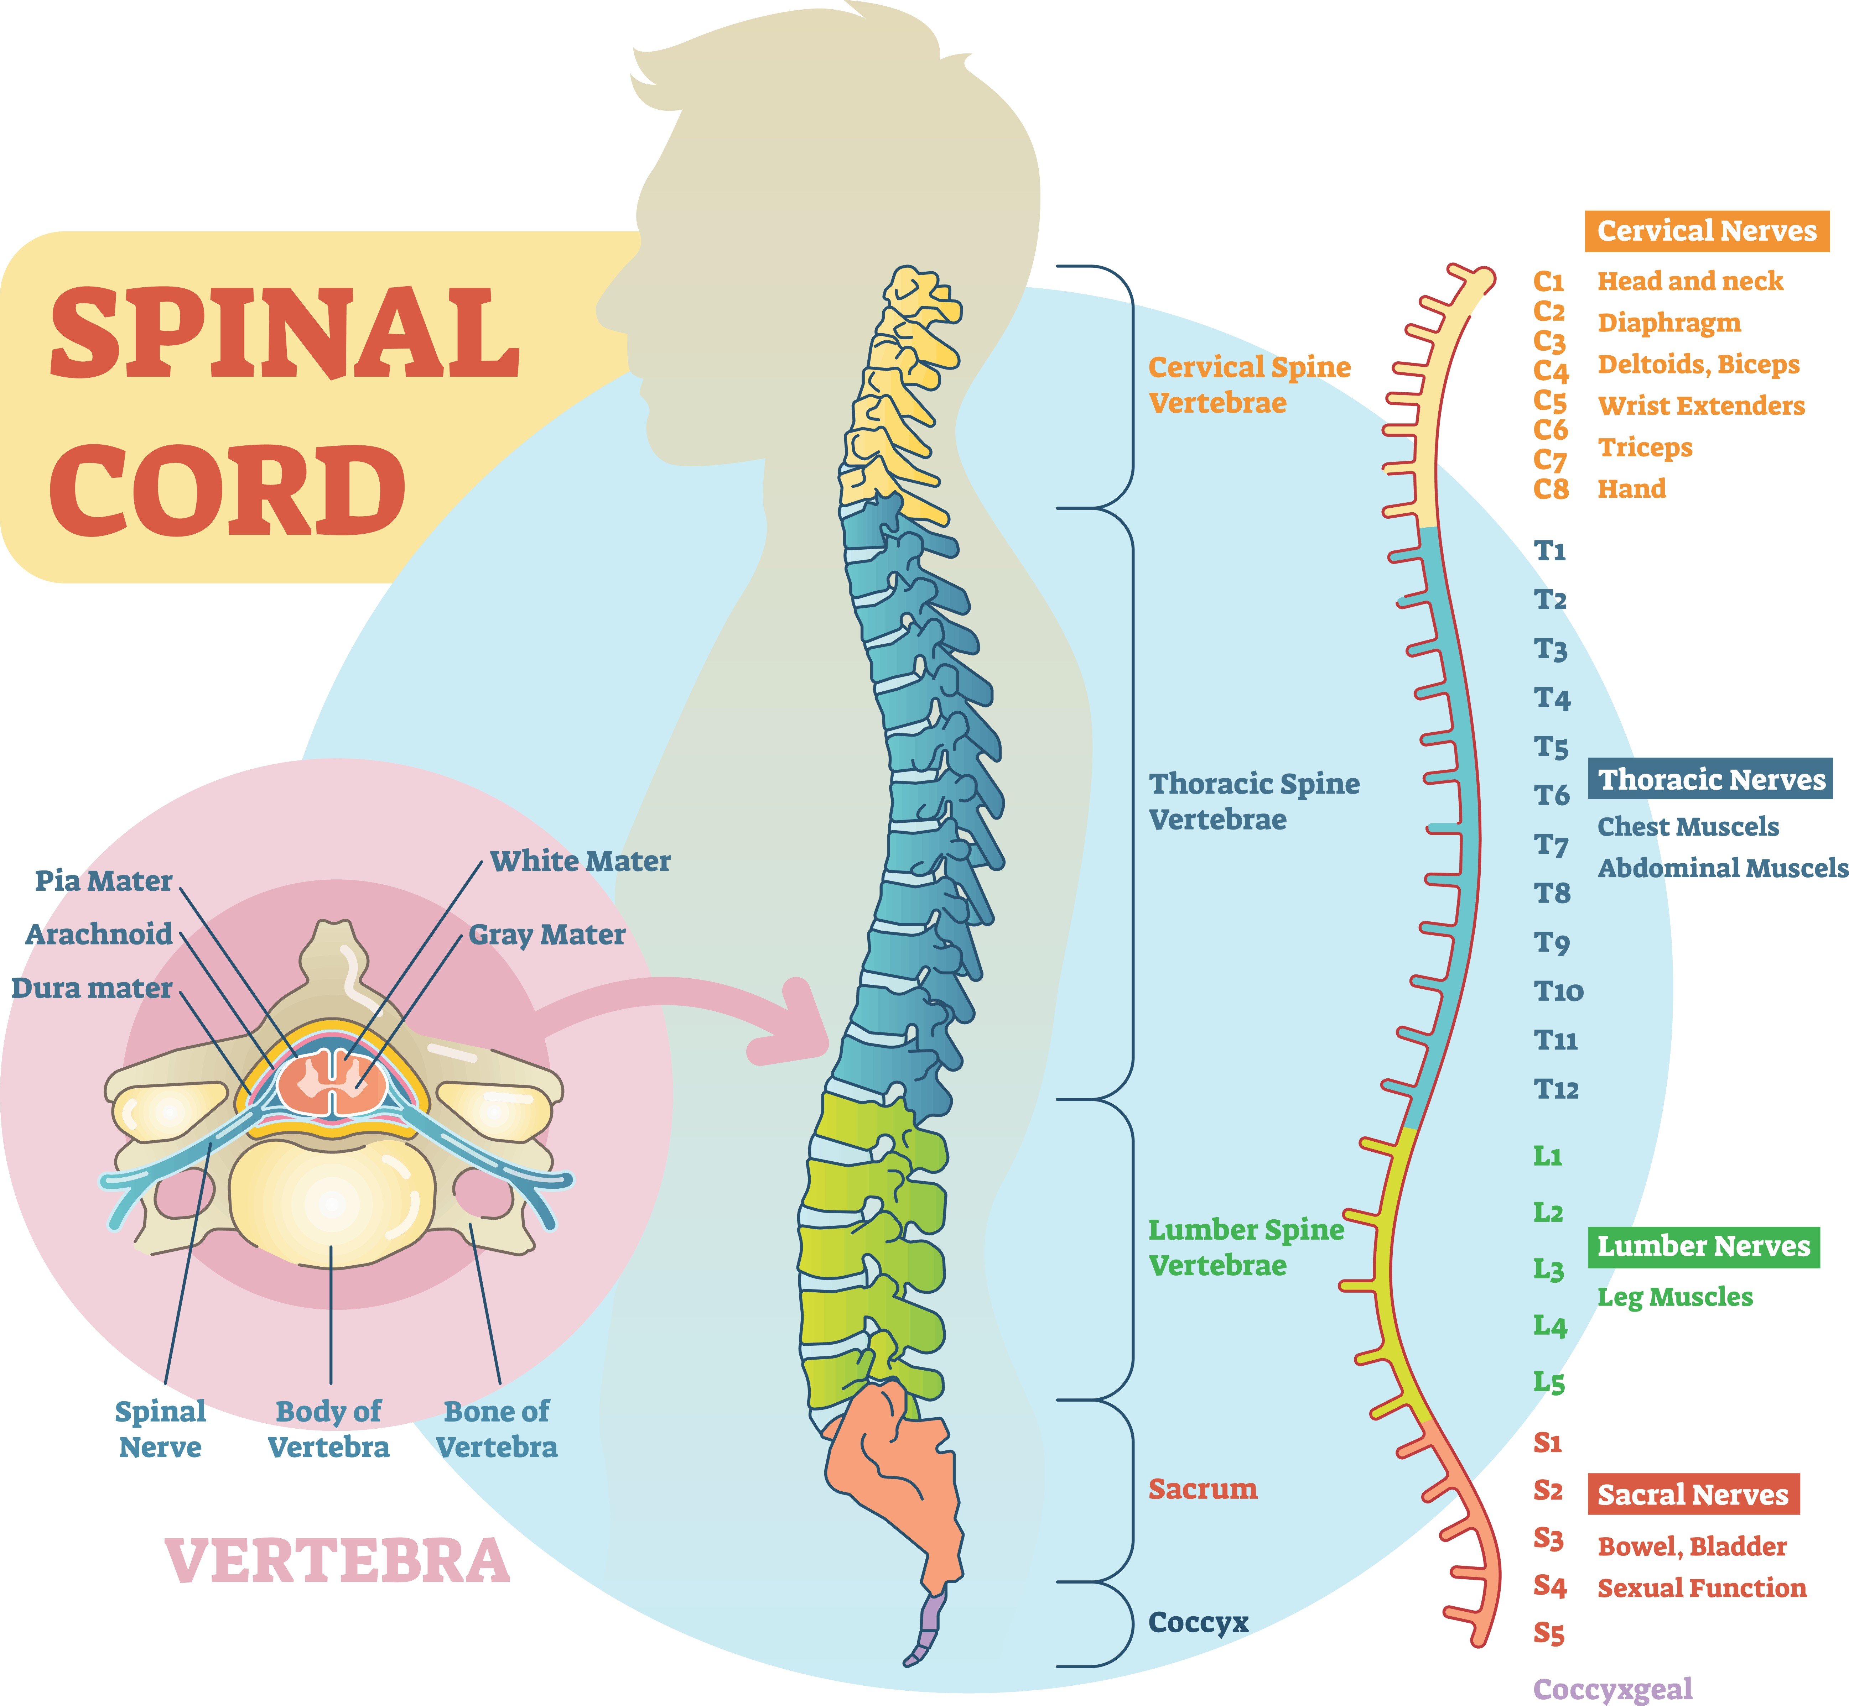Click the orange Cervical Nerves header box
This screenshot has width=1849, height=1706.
point(1707,231)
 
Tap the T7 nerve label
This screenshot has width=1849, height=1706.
point(1552,845)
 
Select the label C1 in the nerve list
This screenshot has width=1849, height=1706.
point(1549,281)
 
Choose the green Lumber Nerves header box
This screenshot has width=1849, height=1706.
point(1704,1247)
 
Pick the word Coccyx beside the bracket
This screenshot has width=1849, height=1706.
point(1198,1622)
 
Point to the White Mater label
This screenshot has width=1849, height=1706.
point(580,861)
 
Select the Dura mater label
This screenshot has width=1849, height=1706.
point(92,989)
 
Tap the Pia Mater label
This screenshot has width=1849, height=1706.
point(103,881)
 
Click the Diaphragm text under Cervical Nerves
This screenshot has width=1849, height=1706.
point(1669,323)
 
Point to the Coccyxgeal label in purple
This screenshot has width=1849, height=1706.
point(1612,1689)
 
